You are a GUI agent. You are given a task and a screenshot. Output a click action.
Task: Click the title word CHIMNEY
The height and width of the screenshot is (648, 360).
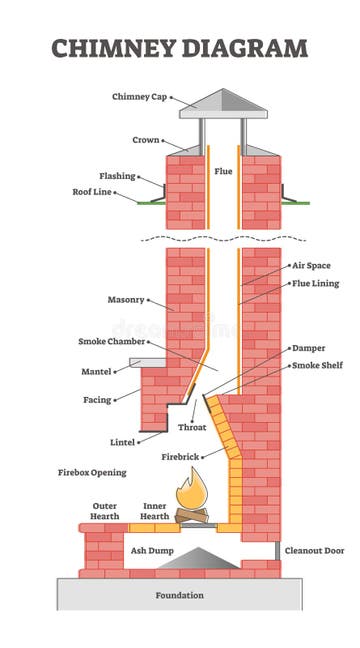pyautogui.click(x=107, y=47)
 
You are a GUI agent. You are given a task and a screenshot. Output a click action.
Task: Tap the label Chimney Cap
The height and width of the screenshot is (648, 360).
pyautogui.click(x=138, y=97)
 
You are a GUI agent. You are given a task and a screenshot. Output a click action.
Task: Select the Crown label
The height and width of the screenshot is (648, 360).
pyautogui.click(x=146, y=140)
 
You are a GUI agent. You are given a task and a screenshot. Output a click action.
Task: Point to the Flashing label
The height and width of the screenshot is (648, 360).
pyautogui.click(x=117, y=176)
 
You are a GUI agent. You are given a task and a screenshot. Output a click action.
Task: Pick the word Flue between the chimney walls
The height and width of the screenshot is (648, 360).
pyautogui.click(x=223, y=171)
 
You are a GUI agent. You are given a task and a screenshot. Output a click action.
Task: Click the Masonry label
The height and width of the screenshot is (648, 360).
pyautogui.click(x=126, y=299)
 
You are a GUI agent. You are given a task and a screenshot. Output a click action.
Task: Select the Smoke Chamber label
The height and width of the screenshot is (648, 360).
pyautogui.click(x=112, y=341)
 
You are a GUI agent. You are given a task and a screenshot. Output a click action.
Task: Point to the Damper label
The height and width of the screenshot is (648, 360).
pyautogui.click(x=307, y=348)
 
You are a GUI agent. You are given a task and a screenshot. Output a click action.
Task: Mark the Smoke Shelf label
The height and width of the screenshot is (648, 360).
pyautogui.click(x=317, y=366)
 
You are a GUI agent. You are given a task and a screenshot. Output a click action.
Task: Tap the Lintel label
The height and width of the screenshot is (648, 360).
pyautogui.click(x=122, y=441)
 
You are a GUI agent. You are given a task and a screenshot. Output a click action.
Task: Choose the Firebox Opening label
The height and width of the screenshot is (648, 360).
pyautogui.click(x=91, y=471)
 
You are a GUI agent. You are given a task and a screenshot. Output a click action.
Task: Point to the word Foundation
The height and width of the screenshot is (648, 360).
pyautogui.click(x=180, y=595)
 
